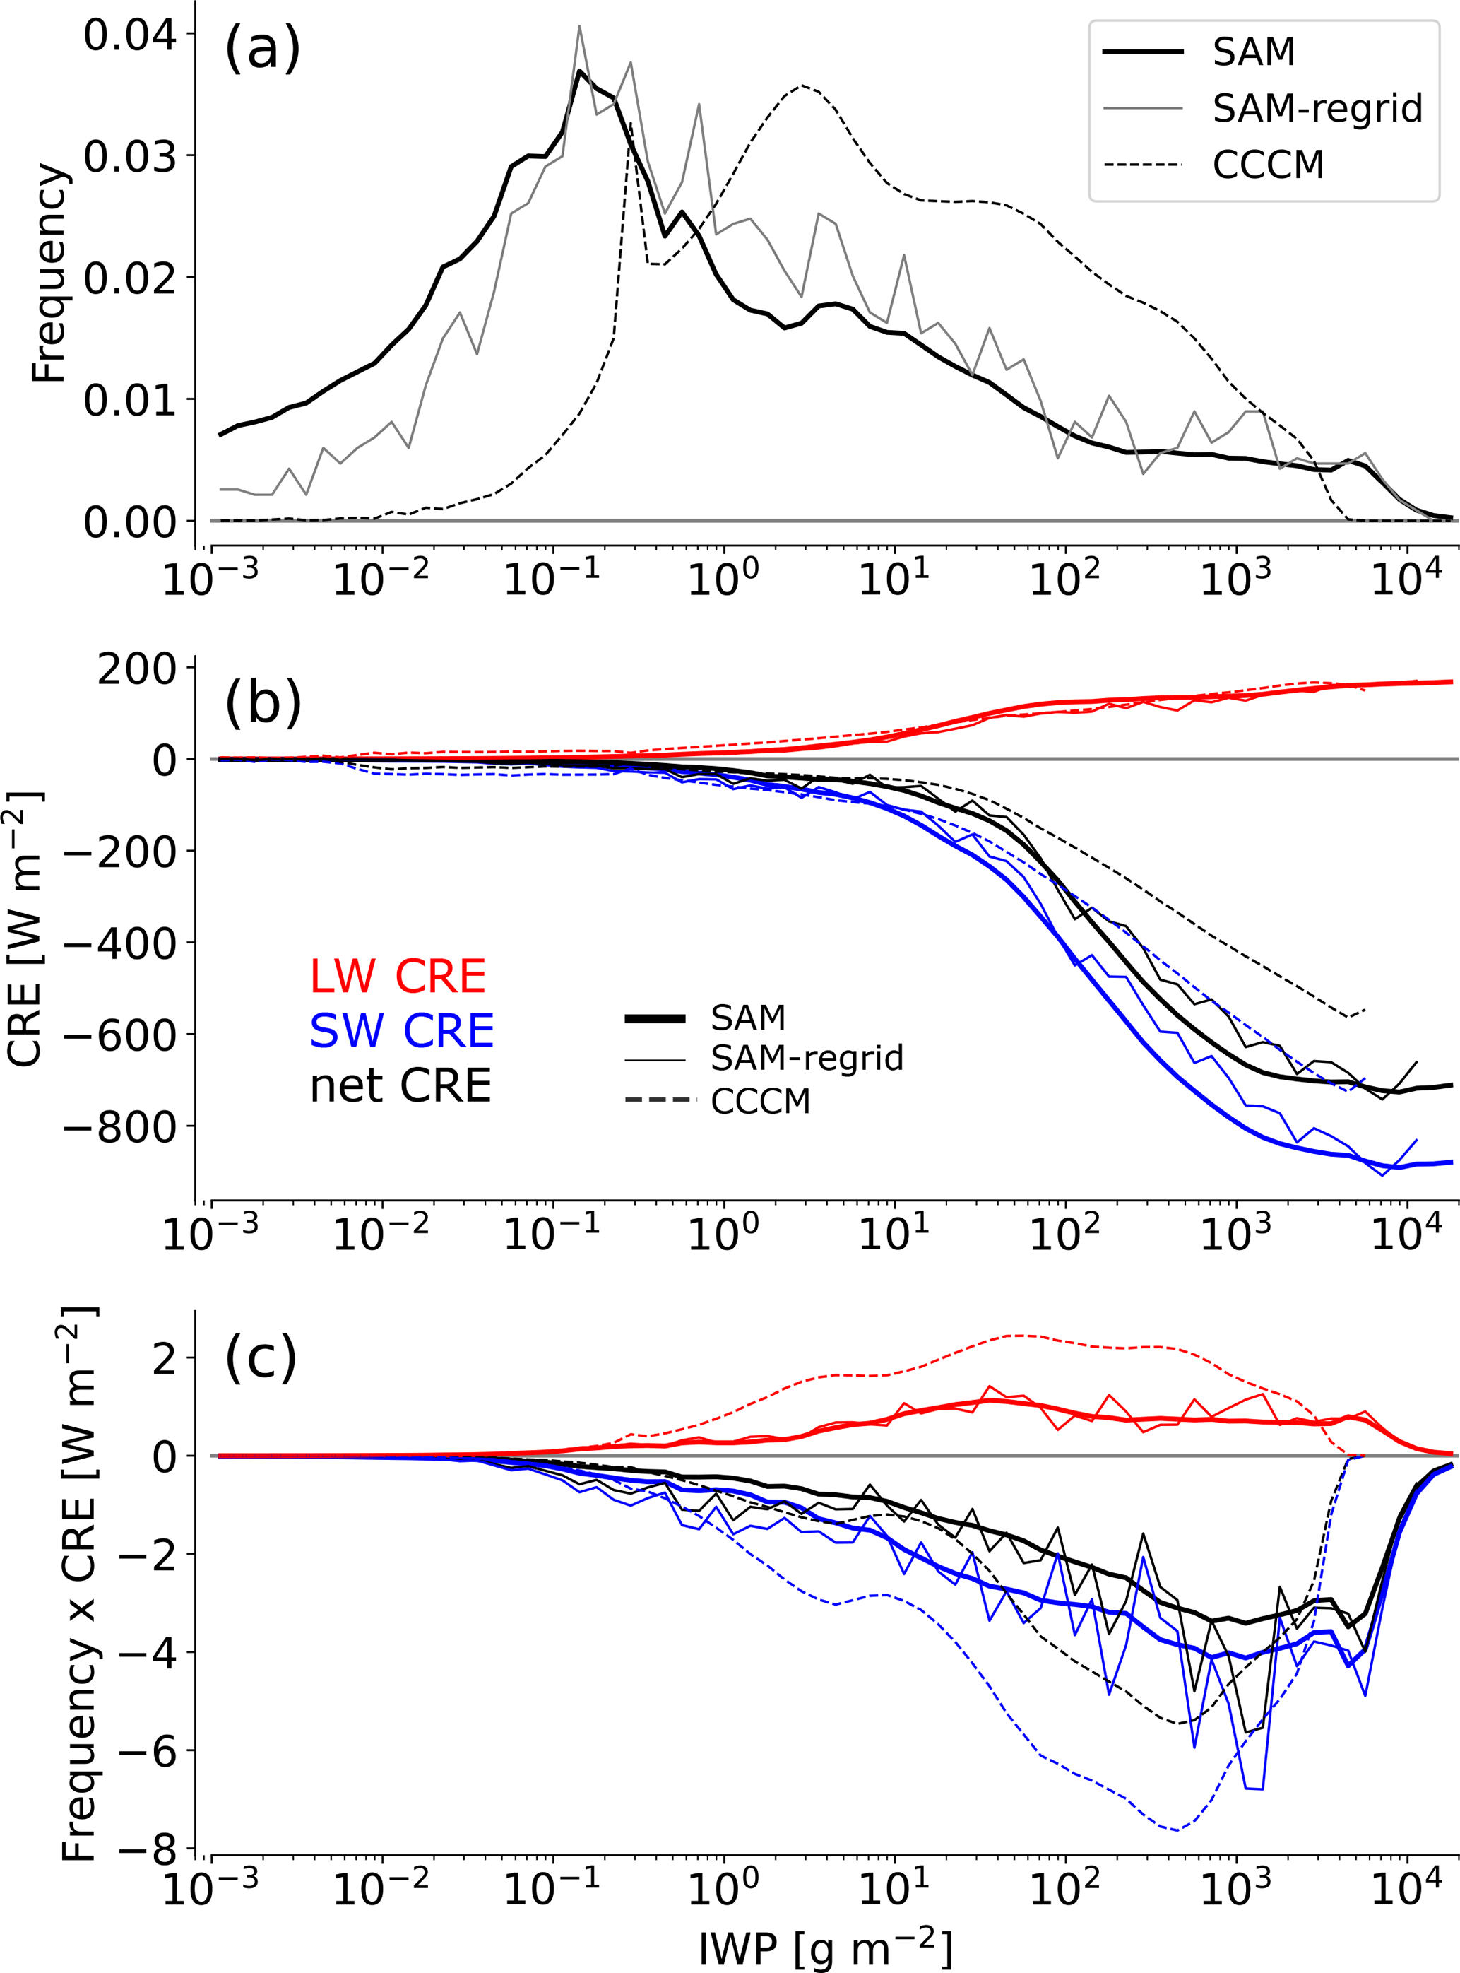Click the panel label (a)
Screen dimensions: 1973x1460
[x=263, y=49]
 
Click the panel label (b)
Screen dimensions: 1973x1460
[x=263, y=705]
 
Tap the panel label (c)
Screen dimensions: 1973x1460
[x=261, y=1357]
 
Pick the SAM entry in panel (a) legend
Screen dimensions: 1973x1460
[x=1253, y=53]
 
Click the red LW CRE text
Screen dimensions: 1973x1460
[x=398, y=976]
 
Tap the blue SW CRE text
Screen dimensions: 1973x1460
[x=401, y=1031]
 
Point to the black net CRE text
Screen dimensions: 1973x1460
[x=400, y=1085]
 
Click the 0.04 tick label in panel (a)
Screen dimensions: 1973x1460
[x=129, y=35]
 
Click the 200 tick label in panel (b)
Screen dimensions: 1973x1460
[x=137, y=669]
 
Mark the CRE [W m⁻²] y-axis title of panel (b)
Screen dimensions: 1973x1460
[x=25, y=928]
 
